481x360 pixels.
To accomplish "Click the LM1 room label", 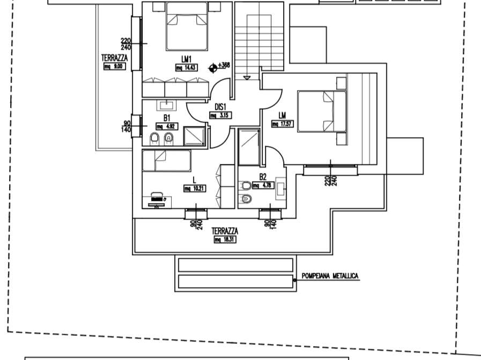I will tap(186, 59).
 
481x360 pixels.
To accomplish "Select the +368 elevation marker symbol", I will tap(214, 66).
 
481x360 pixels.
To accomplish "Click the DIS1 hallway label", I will tap(221, 107).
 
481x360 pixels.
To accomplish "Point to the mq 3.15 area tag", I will tap(220, 115).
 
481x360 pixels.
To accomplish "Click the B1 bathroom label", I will tap(167, 118).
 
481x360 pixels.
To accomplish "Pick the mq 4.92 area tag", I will tap(166, 126).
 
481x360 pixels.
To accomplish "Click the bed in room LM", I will tap(322, 111).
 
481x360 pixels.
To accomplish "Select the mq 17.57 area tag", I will tap(282, 124).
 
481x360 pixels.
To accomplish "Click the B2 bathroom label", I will tap(263, 177).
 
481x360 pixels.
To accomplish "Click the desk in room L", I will tap(156, 199).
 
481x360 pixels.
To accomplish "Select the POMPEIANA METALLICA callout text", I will tap(330, 276).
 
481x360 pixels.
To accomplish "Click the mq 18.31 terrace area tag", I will tap(225, 239).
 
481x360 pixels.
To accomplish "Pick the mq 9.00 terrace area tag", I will tap(114, 66).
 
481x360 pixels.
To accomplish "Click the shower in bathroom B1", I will tap(195, 136).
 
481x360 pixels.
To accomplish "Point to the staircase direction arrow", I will tap(247, 78).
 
